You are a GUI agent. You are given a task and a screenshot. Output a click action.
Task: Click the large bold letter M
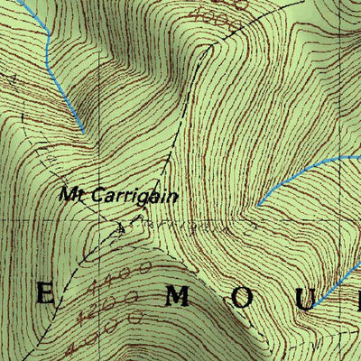[x=179, y=295]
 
